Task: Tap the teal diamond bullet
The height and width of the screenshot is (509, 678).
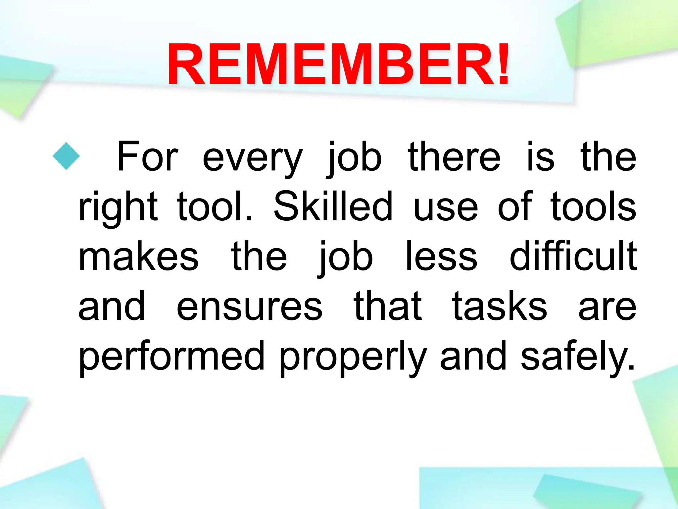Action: [x=66, y=156]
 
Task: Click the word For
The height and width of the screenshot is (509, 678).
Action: [x=148, y=157]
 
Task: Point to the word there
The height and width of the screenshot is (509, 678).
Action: [x=454, y=157]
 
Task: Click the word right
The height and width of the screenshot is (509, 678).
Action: [x=118, y=208]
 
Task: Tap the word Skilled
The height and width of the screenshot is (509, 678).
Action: [x=333, y=206]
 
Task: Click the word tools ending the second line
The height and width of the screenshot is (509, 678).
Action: [x=593, y=206]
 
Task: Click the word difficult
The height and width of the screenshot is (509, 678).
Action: [x=573, y=256]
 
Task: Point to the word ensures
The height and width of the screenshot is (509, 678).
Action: [x=249, y=308]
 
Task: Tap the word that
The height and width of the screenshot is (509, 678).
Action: [x=388, y=306]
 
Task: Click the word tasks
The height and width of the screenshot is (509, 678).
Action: [x=500, y=306]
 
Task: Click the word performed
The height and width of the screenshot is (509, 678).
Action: [x=172, y=356]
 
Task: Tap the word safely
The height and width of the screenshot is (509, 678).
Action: [x=578, y=356]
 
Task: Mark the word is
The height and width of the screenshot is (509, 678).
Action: [x=540, y=157]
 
